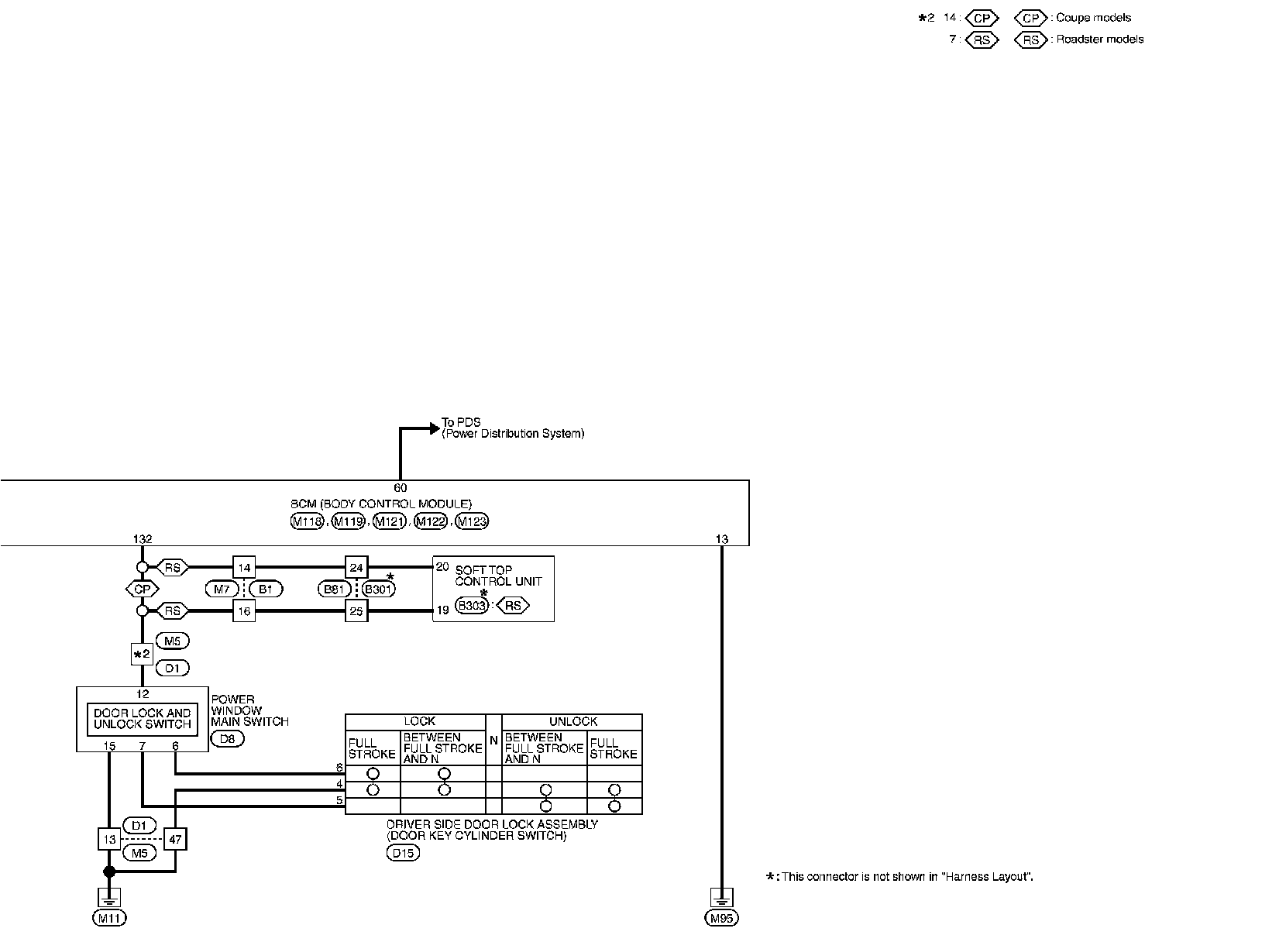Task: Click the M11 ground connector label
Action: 108,918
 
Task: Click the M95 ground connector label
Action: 721,918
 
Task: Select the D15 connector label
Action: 402,853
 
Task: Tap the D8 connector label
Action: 227,738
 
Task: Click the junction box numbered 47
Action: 176,839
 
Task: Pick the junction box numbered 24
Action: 356,568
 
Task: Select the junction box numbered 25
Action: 356,611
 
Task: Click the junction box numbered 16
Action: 244,611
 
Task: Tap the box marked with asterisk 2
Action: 142,655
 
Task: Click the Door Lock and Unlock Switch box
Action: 142,719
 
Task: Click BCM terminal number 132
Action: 142,539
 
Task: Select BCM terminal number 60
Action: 400,488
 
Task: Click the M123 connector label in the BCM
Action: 472,521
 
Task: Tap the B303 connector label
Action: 471,606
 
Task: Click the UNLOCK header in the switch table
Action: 573,721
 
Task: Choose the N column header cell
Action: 493,740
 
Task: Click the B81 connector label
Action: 334,590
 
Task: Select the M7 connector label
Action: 221,590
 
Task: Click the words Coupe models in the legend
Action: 1093,18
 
